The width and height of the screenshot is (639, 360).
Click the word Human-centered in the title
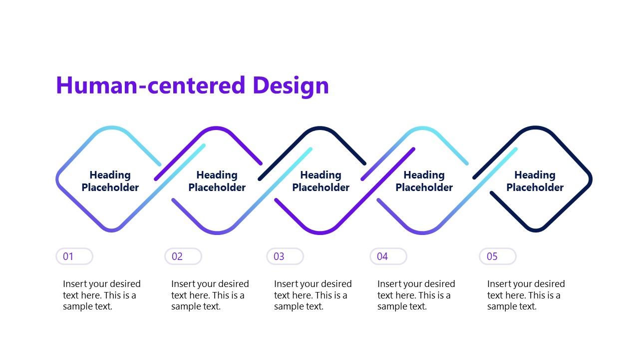point(150,85)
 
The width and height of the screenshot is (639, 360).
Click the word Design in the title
point(291,85)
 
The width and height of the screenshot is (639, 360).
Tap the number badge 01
point(74,256)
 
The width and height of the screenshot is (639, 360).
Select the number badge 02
point(183,256)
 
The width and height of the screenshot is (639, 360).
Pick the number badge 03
point(285,256)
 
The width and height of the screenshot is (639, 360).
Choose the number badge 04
point(388,256)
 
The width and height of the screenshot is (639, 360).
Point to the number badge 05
point(498,256)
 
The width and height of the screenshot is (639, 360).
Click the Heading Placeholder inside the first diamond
point(110,181)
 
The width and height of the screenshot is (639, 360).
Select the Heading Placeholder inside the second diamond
point(217,181)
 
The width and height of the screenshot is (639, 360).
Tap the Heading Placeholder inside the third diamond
point(320,181)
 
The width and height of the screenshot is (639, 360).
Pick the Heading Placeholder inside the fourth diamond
point(424,181)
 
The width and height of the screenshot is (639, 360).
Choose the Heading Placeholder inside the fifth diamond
point(535,181)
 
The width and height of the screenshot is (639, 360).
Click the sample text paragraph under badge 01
point(102,295)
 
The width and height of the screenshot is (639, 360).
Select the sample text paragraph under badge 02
point(210,295)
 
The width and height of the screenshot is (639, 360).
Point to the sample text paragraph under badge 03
point(313,295)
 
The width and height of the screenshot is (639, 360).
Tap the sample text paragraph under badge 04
point(416,295)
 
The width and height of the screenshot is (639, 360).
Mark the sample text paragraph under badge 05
point(526,295)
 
